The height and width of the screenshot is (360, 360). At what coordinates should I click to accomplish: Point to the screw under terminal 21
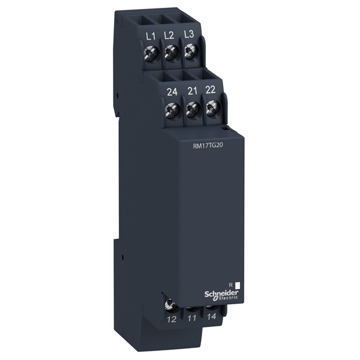click(x=192, y=110)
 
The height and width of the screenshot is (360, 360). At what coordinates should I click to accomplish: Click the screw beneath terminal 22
click(x=211, y=109)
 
